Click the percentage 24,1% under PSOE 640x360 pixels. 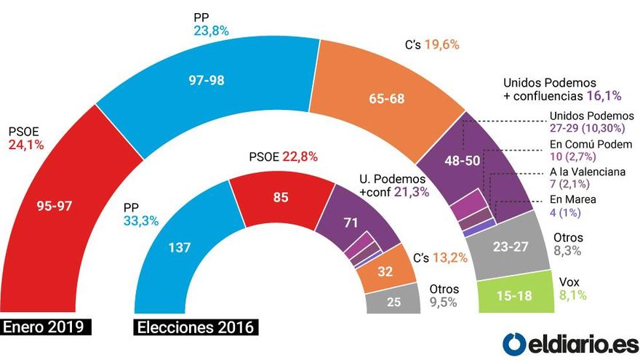click(x=26, y=145)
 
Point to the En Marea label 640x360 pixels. click(x=572, y=201)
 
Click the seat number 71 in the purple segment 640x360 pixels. click(x=355, y=223)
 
